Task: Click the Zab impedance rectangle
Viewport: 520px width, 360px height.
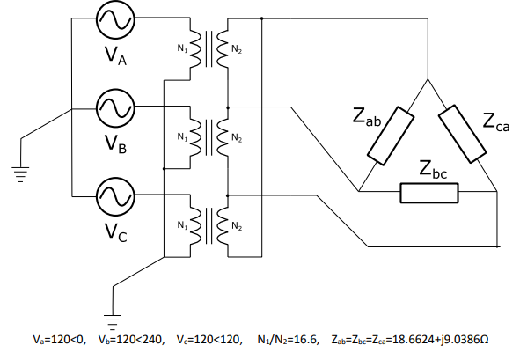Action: (x=391, y=136)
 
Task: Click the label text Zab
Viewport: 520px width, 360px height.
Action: (x=367, y=117)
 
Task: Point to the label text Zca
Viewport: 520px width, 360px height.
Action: (x=495, y=122)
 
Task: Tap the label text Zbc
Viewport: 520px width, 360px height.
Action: (x=434, y=169)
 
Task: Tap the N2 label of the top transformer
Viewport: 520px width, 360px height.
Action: (x=237, y=50)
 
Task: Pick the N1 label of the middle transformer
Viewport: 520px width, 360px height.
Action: (x=182, y=136)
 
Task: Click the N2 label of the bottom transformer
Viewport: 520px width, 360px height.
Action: (x=237, y=226)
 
